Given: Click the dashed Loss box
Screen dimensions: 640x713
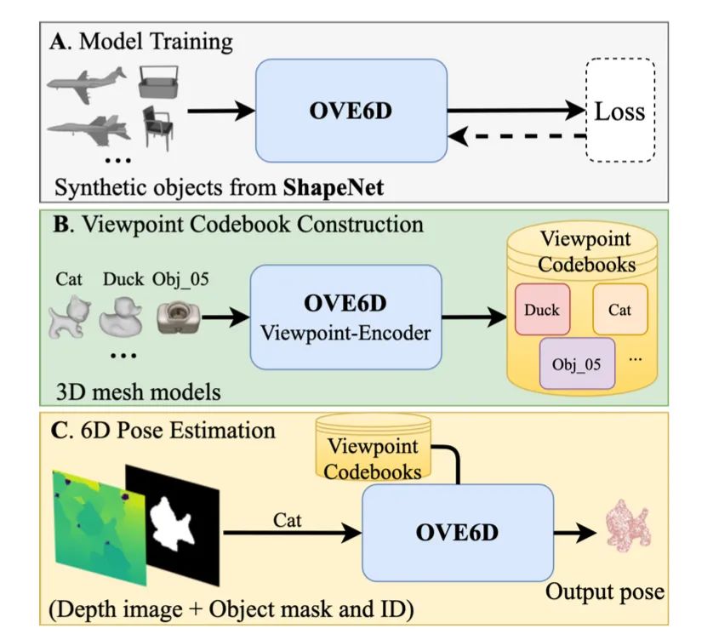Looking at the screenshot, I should pyautogui.click(x=619, y=111).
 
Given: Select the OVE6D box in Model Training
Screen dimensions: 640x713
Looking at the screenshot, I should pyautogui.click(x=351, y=111).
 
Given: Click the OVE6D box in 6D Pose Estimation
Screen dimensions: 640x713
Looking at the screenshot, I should pyautogui.click(x=458, y=533).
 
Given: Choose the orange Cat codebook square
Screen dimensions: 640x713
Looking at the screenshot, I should pyautogui.click(x=619, y=309).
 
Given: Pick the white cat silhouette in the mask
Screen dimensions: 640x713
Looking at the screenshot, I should pyautogui.click(x=174, y=521).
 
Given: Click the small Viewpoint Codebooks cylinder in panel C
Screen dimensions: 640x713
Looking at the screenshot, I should pyautogui.click(x=372, y=448).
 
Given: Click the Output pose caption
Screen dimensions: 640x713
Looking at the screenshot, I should pyautogui.click(x=605, y=591).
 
